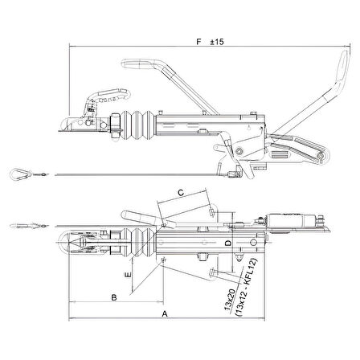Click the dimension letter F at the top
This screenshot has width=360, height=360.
tap(198, 42)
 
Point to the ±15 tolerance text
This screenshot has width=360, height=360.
tap(217, 42)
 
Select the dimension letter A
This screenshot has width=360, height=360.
tap(165, 313)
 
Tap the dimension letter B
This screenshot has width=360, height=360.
tap(114, 297)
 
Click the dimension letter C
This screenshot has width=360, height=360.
tap(181, 193)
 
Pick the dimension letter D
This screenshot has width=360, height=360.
tap(228, 243)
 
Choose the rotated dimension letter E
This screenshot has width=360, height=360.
tap(129, 275)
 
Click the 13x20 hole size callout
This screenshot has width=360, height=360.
tap(230, 301)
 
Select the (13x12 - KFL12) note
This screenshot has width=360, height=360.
tap(246, 288)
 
